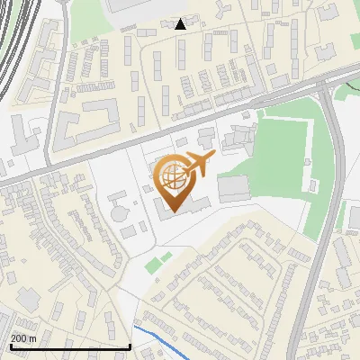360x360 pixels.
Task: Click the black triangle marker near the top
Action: pos(181,24)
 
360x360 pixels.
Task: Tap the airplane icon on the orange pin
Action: pos(197,165)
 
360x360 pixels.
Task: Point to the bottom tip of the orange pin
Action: pos(173,211)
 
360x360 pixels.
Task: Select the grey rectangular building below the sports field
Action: pos(233,188)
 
